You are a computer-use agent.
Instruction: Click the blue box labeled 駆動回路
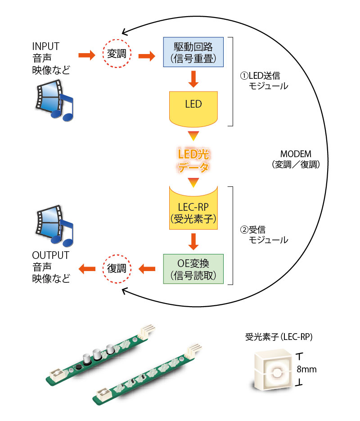[x=193, y=52]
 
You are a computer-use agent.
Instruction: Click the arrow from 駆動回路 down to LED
[x=193, y=79]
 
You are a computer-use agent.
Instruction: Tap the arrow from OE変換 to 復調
[x=147, y=269]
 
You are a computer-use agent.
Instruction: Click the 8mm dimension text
[x=307, y=370]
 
